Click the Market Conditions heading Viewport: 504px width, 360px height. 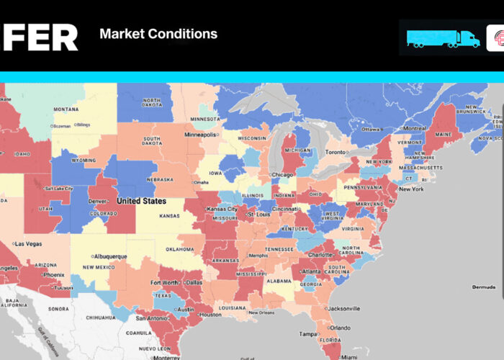(158, 34)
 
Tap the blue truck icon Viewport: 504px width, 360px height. (442, 38)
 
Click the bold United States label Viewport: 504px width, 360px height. (141, 201)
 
